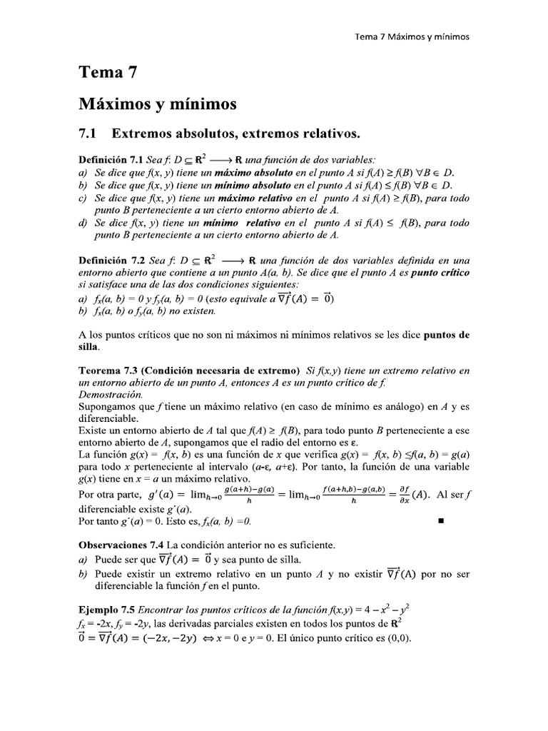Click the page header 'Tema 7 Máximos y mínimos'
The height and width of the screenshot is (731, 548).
pyautogui.click(x=412, y=37)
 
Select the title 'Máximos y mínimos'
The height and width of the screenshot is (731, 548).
pyautogui.click(x=157, y=104)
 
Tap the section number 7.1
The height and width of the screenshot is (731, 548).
pyautogui.click(x=91, y=133)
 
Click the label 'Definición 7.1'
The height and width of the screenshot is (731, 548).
pyautogui.click(x=113, y=160)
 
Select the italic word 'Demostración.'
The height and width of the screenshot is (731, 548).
pyautogui.click(x=111, y=395)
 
